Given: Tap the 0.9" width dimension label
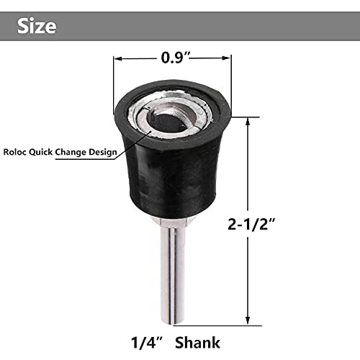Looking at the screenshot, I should pos(172,54).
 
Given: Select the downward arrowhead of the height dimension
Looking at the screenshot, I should pos(247,323).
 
